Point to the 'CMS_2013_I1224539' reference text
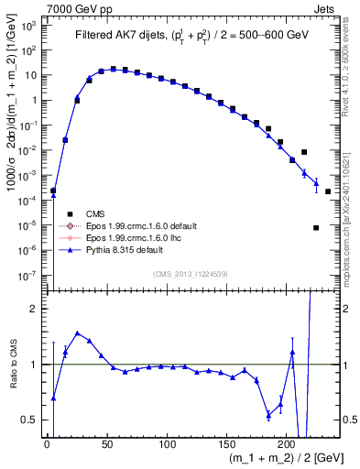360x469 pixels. pos(189,273)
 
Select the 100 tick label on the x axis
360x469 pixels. pos(167,443)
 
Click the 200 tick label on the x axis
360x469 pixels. pos(287,443)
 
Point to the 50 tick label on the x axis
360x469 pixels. pos(107,443)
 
